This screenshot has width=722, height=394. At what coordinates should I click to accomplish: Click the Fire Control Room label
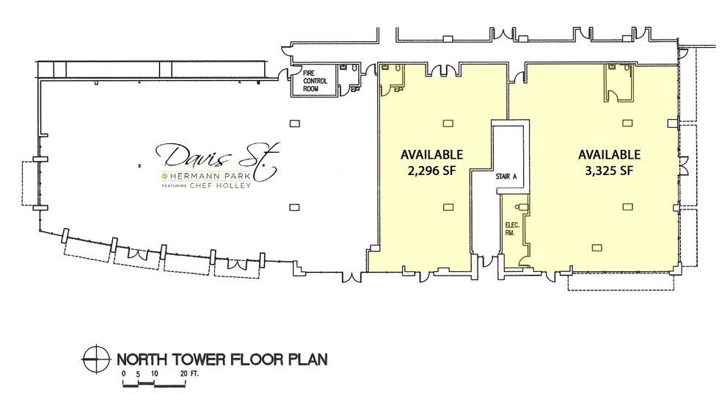tap(315, 81)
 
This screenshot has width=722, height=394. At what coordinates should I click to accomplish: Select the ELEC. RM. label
tap(511, 228)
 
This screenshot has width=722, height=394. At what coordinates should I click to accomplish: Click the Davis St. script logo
tap(214, 158)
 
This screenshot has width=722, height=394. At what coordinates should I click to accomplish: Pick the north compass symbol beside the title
tap(94, 359)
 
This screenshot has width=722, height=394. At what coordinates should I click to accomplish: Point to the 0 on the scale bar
tap(125, 374)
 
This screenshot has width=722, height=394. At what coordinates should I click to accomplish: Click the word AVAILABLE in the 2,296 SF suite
tap(431, 154)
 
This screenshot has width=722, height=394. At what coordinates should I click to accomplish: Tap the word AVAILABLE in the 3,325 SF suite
tap(610, 154)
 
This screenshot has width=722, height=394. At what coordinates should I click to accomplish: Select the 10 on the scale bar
tap(154, 374)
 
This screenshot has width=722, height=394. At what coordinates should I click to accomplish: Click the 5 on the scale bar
tap(137, 374)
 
